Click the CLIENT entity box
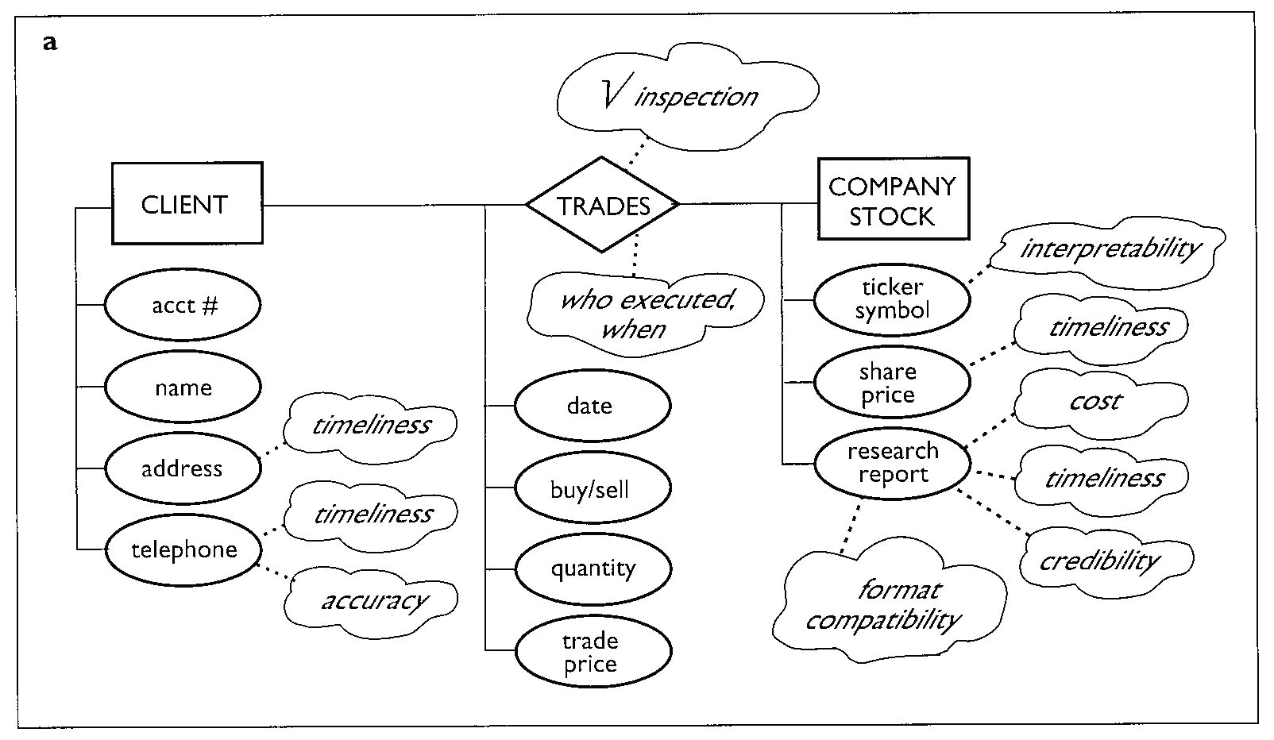pos(187,203)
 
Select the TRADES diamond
pos(603,205)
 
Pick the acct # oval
pos(183,305)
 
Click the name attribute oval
pos(183,387)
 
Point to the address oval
pos(183,468)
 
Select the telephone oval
pos(183,549)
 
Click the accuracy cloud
pos(372,600)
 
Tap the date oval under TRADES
pos(592,406)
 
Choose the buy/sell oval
pos(592,488)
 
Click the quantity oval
pos(593,568)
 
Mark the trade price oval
pos(593,651)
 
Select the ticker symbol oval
pos(892,299)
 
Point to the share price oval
pos(891,383)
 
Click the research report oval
pos(892,463)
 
